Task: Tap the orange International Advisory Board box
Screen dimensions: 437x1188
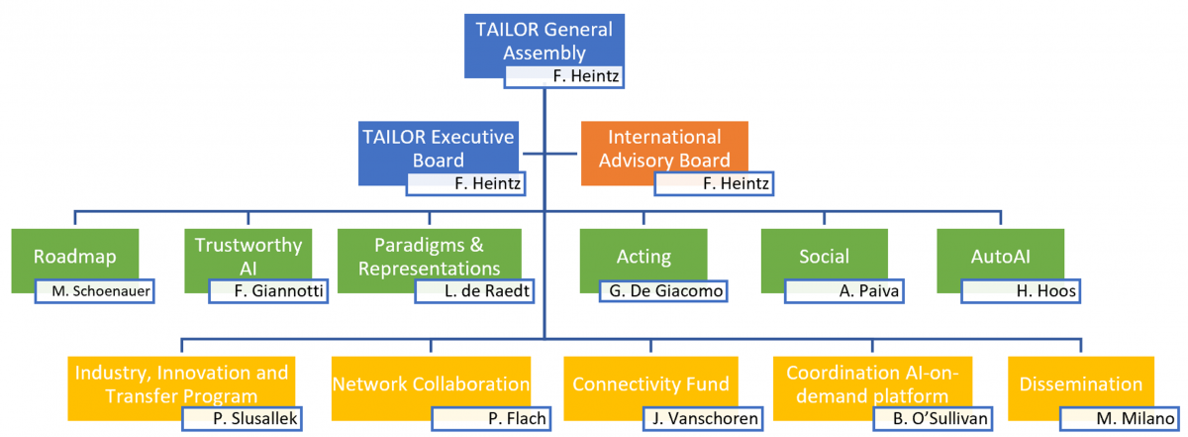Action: click(x=663, y=147)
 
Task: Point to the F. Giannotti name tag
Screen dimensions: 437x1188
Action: click(x=267, y=291)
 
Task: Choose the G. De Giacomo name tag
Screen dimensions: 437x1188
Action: click(x=662, y=291)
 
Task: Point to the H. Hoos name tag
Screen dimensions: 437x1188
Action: click(x=1021, y=291)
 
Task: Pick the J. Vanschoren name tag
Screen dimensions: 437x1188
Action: click(x=702, y=418)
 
